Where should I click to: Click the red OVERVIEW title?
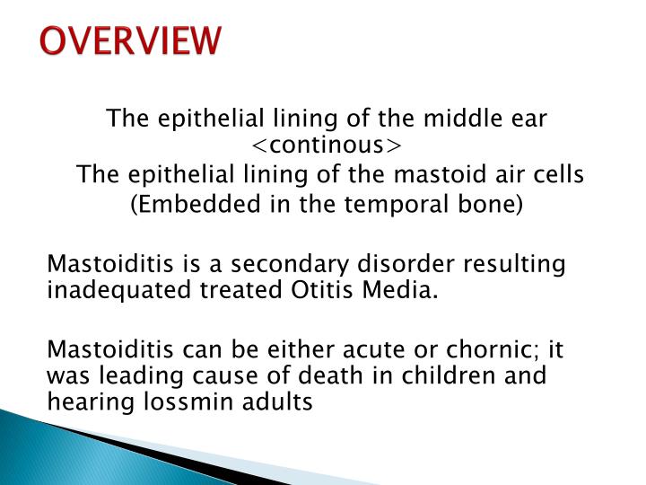[131, 41]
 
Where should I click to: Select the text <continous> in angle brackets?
[327, 145]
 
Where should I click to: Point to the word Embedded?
[188, 204]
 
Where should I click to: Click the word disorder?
[386, 265]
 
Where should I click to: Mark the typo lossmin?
[192, 401]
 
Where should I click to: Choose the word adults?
[281, 401]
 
